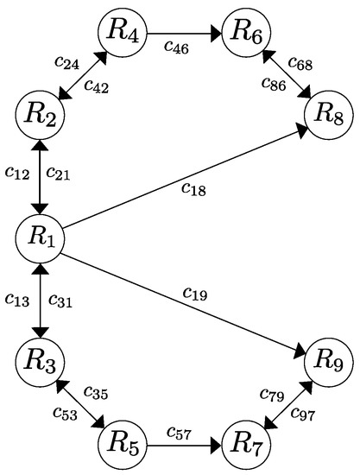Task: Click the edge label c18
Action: (x=193, y=188)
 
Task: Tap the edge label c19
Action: (x=193, y=294)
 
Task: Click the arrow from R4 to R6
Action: (x=186, y=35)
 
